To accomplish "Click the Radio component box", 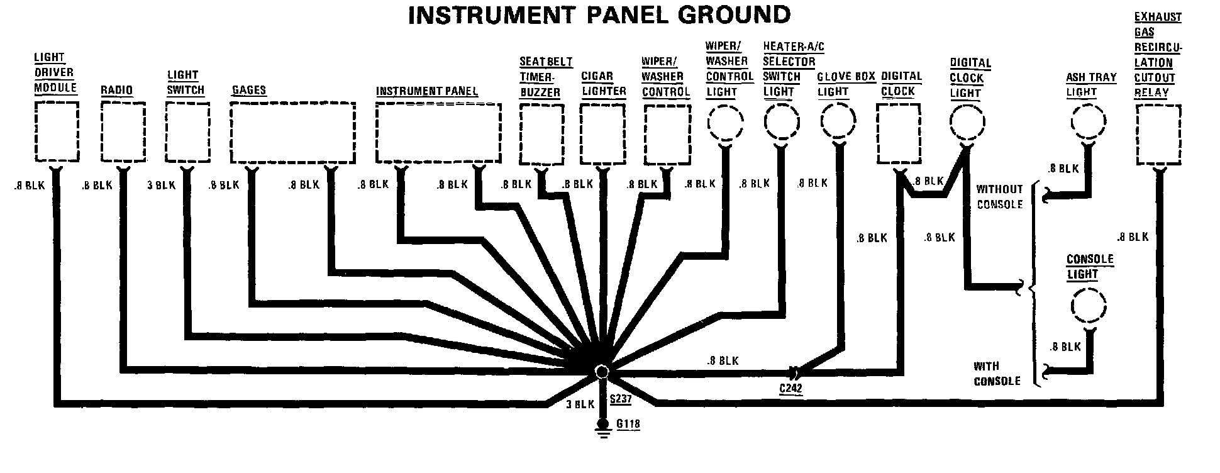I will tap(123, 133).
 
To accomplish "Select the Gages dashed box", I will tap(292, 133).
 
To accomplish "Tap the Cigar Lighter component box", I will tap(602, 133).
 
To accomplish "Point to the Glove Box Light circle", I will tap(838, 121).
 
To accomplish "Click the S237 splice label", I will tap(621, 399).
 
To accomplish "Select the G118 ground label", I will tap(628, 424).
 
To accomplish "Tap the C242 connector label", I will tap(790, 388).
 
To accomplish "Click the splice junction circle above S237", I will tap(602, 371).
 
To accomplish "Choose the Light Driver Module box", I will tap(56, 132).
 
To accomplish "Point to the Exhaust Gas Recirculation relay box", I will tap(1158, 135).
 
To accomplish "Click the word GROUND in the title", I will tap(714, 14).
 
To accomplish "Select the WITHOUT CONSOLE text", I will tap(999, 196).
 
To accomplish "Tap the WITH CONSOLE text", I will tap(997, 374).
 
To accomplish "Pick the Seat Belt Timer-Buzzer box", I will tap(541, 134).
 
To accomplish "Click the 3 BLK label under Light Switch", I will tap(161, 186).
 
